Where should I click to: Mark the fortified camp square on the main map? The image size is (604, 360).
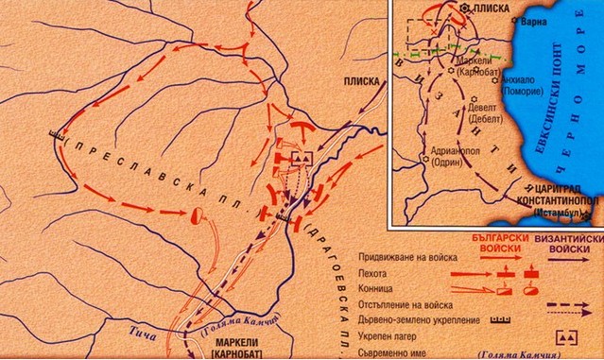click(302, 158)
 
